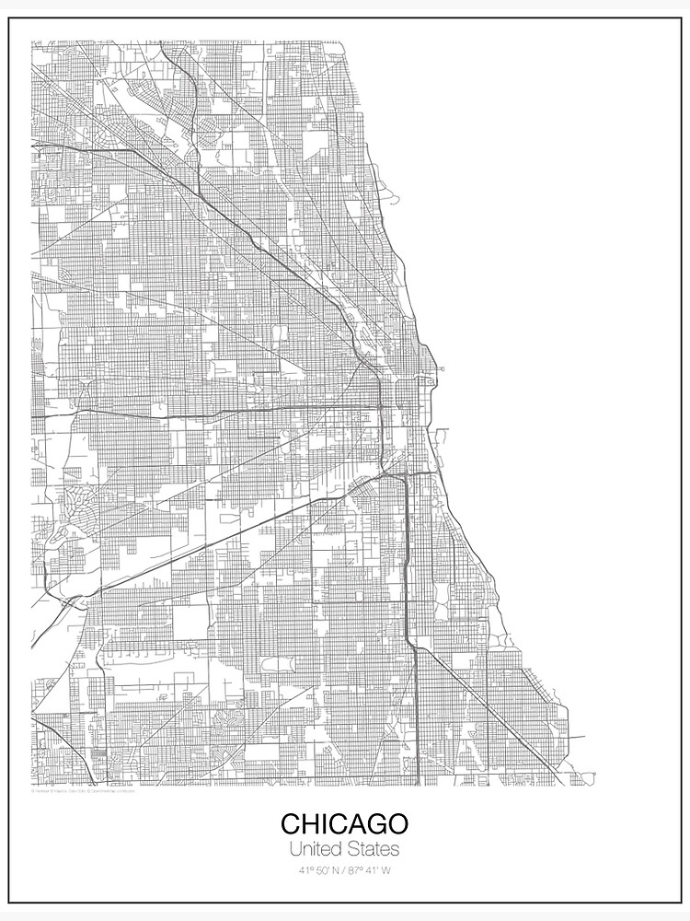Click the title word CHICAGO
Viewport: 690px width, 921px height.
[x=345, y=823]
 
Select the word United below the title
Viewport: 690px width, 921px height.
[x=316, y=848]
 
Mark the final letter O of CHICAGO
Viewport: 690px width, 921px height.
[x=397, y=823]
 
